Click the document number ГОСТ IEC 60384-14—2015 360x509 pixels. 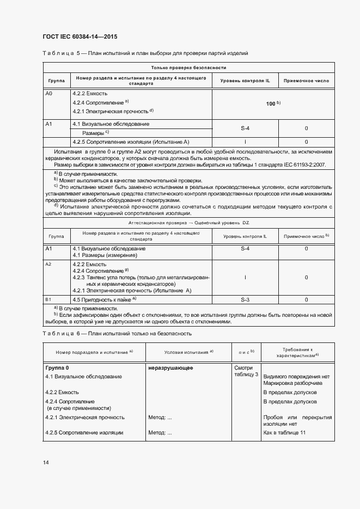pyautogui.click(x=80, y=37)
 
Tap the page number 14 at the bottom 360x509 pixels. pyautogui.click(x=46, y=462)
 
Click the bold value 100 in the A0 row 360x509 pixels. pyautogui.click(x=271, y=103)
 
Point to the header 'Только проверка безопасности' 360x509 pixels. pyautogui.click(x=189, y=68)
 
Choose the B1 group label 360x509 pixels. pyautogui.click(x=48, y=299)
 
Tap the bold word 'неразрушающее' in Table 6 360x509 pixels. pyautogui.click(x=170, y=368)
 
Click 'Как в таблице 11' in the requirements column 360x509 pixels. pyautogui.click(x=284, y=432)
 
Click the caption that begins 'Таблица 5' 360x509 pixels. pyautogui.click(x=145, y=53)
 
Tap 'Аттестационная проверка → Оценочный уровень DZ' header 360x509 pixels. pyautogui.click(x=189, y=223)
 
